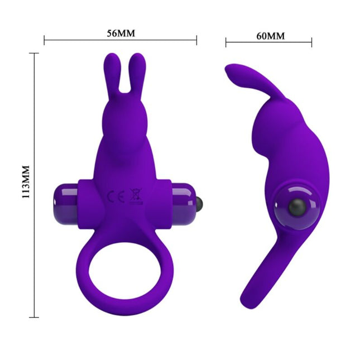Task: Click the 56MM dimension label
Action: coord(121,33)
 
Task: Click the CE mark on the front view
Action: coord(112,196)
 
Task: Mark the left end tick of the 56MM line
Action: coord(45,40)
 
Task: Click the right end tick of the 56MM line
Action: coord(197,40)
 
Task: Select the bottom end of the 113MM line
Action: coord(34,317)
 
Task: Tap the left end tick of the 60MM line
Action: coord(226,42)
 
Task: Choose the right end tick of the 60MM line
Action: coord(311,42)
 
